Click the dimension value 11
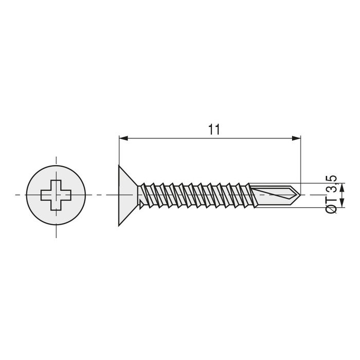point(214,130)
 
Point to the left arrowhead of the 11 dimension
point(123,138)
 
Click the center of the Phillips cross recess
point(57,195)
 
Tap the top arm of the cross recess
point(57,184)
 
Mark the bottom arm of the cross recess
point(57,205)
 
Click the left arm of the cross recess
point(46,195)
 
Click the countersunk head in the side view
point(127,195)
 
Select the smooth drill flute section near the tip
point(273,194)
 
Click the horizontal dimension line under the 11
point(170,138)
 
